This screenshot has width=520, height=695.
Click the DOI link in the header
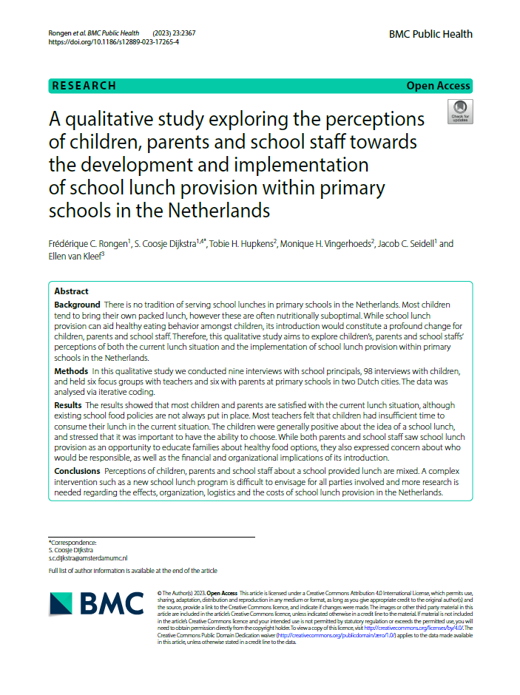[113, 42]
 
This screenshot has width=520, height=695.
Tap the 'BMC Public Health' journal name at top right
[430, 34]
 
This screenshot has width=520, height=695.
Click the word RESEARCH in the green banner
[84, 86]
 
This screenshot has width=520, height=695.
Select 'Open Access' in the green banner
[438, 86]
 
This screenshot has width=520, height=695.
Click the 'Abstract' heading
[71, 291]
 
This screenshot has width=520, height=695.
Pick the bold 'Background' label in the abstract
[77, 305]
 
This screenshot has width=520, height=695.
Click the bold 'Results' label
[69, 406]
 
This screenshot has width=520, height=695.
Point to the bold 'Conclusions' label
[77, 471]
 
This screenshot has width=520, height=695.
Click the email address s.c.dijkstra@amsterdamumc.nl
[88, 557]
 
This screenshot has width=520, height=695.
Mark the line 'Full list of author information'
[133, 571]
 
